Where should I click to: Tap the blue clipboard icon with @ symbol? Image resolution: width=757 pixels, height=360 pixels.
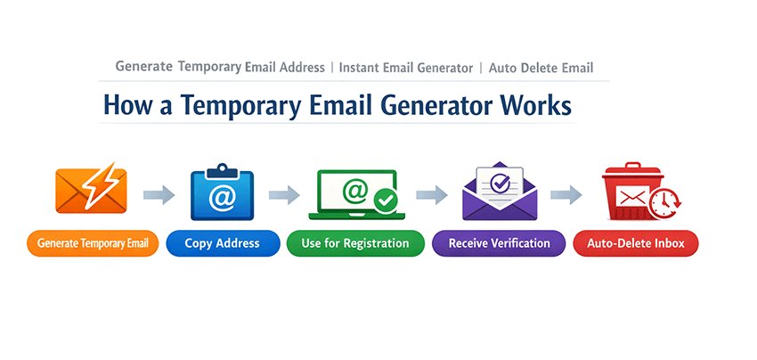(222, 192)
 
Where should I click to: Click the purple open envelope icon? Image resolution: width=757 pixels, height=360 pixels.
(499, 192)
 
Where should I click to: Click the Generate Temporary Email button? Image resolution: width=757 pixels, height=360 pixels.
(93, 243)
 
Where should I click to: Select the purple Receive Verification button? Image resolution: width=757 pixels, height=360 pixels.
(499, 243)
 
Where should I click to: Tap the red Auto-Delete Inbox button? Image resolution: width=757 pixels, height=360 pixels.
(636, 243)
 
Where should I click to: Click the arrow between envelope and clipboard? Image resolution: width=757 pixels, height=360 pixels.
(158, 193)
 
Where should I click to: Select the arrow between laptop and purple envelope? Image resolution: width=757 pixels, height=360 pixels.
(430, 193)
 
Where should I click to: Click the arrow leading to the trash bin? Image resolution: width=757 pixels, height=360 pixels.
(566, 193)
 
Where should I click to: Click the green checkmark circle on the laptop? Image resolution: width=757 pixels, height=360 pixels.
(387, 201)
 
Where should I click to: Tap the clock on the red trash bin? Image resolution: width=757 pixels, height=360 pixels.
(662, 204)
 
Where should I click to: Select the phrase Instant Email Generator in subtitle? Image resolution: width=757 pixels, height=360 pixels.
(404, 68)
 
